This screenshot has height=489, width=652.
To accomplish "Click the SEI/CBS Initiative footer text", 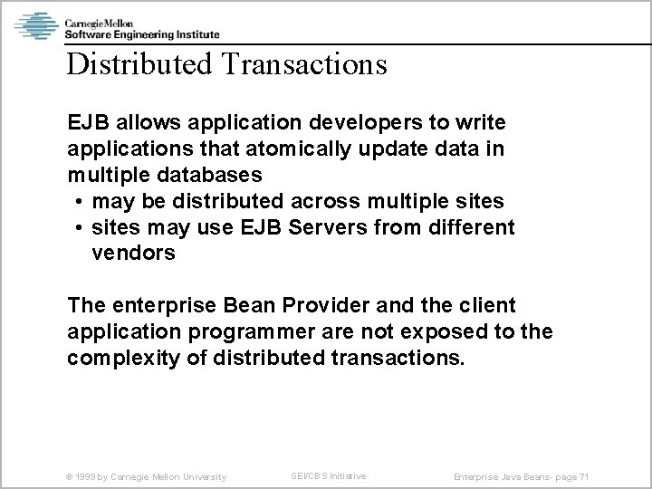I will tap(328, 475).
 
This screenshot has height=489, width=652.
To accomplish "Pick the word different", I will tap(470, 227).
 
